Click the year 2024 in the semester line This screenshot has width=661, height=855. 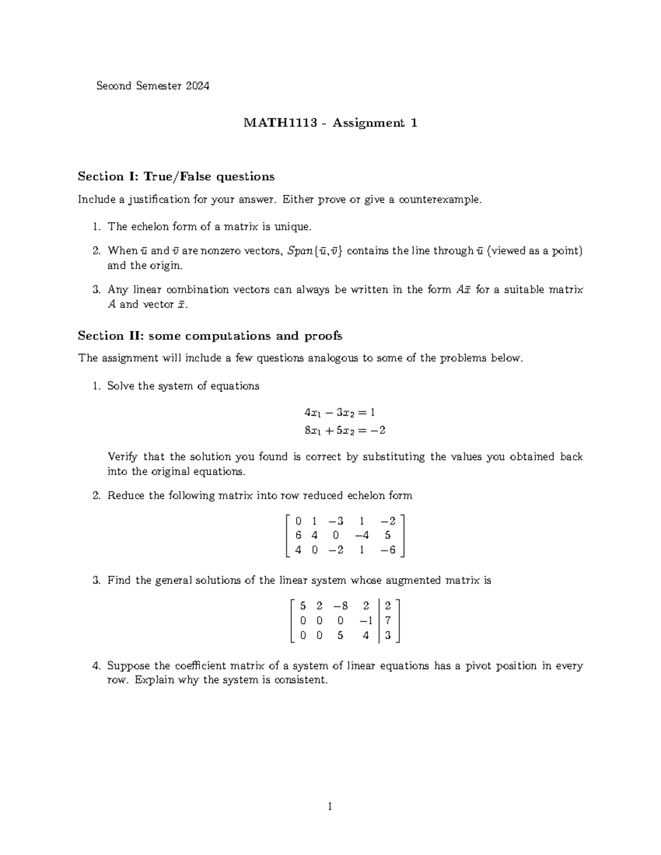(x=197, y=86)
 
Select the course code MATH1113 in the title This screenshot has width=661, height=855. (x=280, y=123)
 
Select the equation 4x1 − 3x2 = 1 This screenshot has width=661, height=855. (x=340, y=412)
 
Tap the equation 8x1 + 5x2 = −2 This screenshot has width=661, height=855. (x=344, y=431)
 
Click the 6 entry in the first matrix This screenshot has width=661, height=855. (x=298, y=535)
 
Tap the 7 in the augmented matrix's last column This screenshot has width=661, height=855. (x=388, y=621)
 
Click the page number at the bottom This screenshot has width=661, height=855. (x=330, y=807)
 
